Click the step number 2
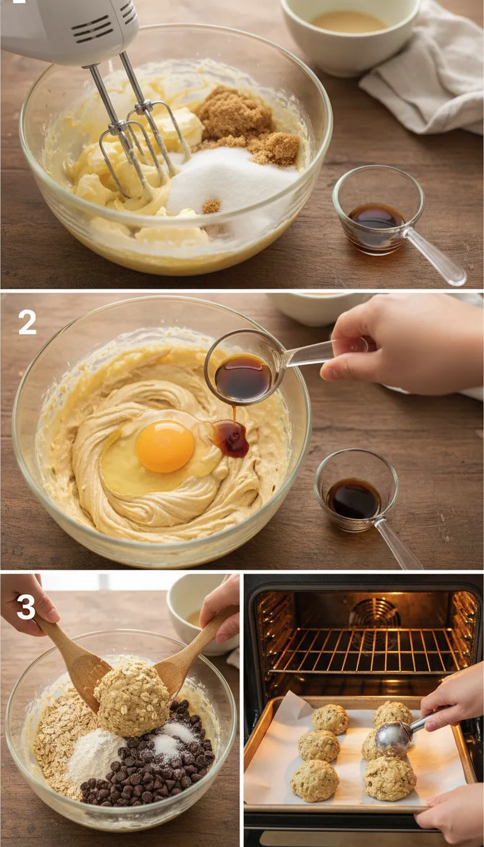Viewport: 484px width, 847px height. [x=27, y=322]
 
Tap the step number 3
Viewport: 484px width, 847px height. [x=26, y=606]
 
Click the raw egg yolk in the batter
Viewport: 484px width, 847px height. [x=165, y=446]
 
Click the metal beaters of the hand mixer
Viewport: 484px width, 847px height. [x=135, y=135]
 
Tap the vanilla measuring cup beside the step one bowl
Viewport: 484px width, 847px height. [x=378, y=211]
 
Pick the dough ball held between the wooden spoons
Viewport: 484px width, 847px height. [x=132, y=698]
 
